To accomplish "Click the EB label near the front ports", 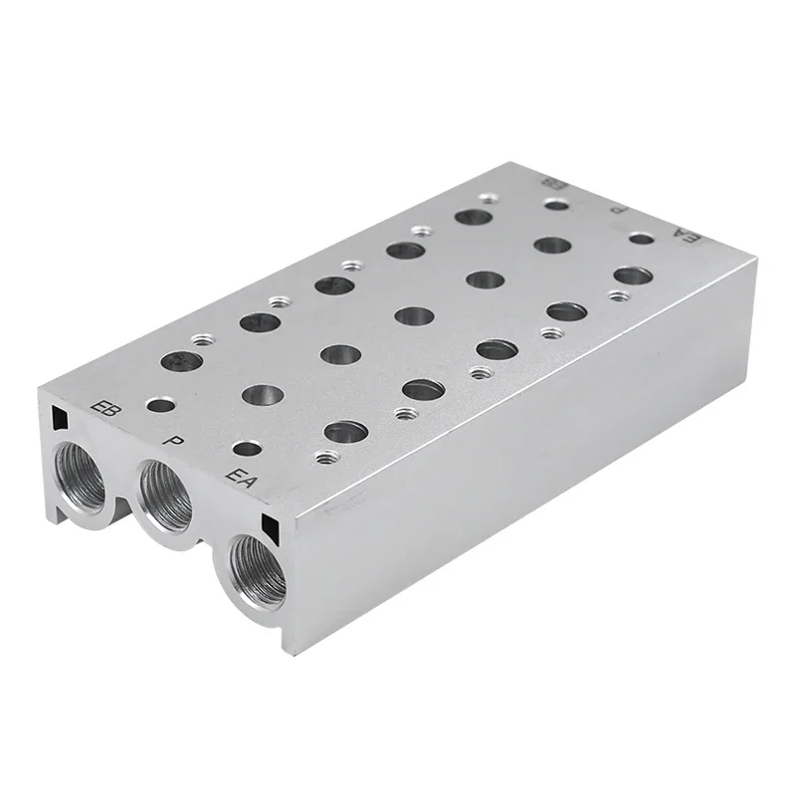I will (x=101, y=408).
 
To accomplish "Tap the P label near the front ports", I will (x=175, y=438).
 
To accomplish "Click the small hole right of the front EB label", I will (x=155, y=406).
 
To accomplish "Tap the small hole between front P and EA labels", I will (x=243, y=450).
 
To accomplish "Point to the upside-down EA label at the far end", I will (x=684, y=235).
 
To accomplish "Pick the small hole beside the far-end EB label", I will (x=557, y=204).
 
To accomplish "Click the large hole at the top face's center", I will (x=413, y=316).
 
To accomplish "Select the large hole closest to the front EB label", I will (x=180, y=362).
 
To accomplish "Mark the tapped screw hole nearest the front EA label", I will (x=323, y=458).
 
